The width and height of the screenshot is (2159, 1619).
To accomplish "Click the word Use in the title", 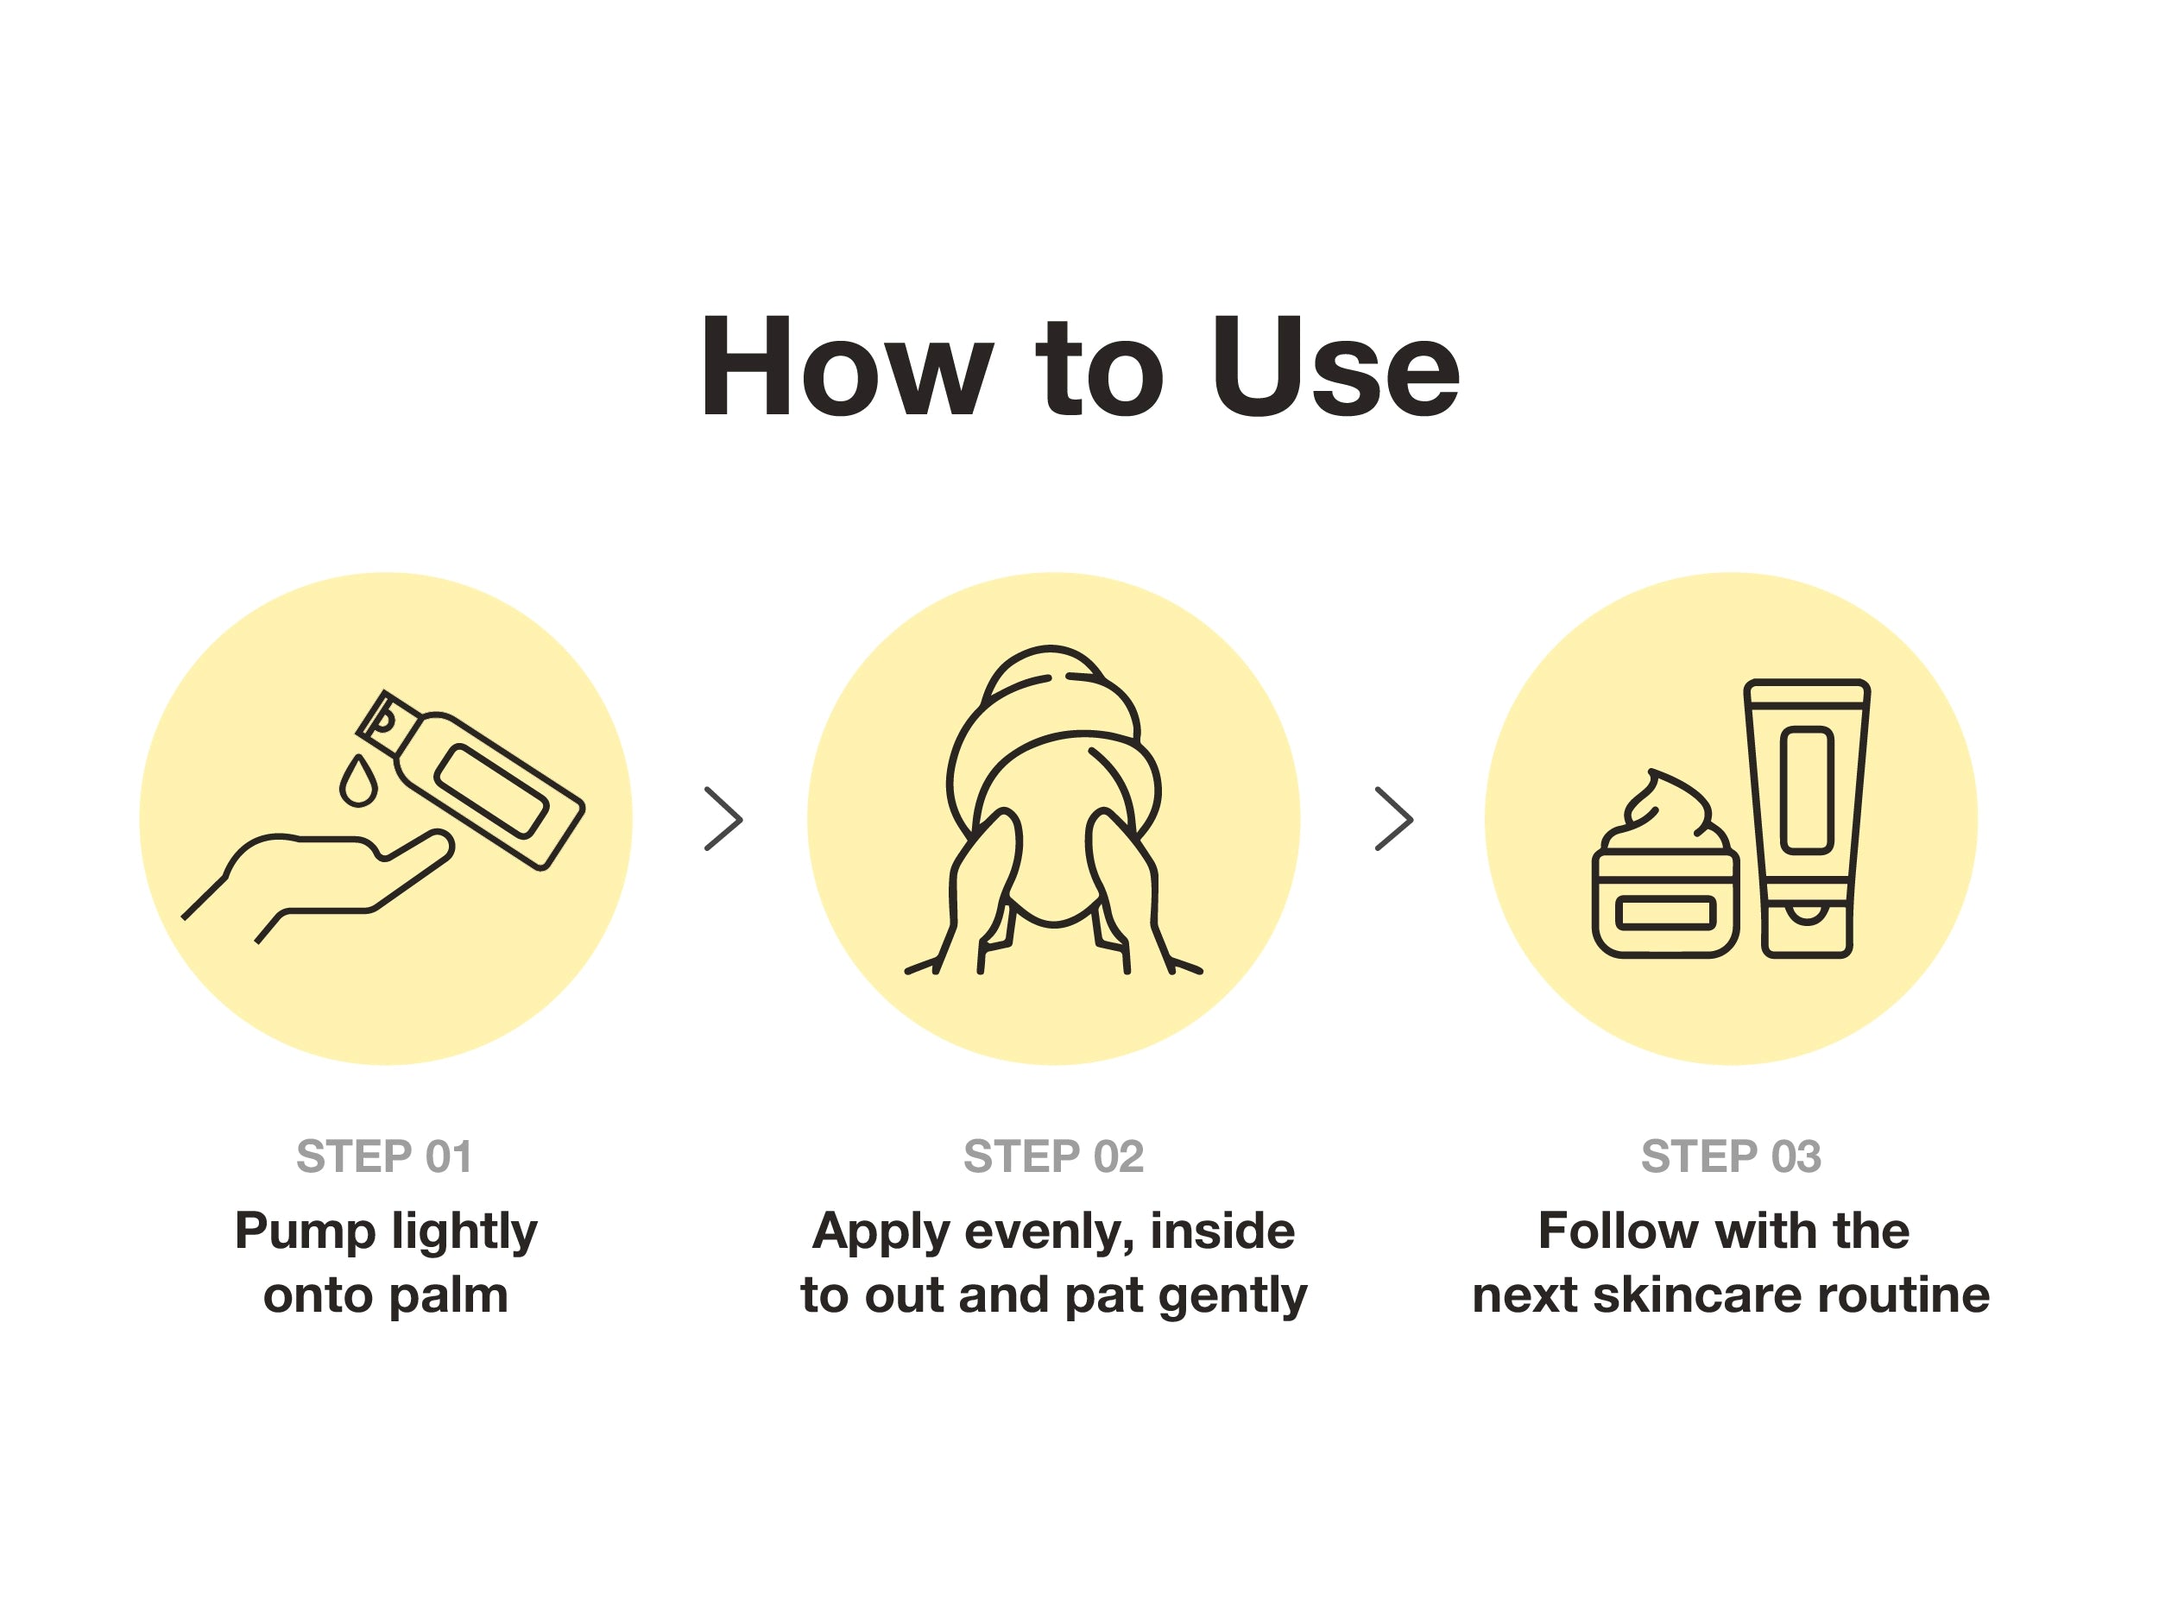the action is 1335,367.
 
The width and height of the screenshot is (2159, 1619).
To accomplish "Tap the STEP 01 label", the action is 384,1156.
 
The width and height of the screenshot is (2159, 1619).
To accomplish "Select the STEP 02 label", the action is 1053,1156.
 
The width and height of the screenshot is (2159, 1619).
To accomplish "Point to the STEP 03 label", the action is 1732,1156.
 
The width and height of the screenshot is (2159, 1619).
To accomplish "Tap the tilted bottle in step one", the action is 470,778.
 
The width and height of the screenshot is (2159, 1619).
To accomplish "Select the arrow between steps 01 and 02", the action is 723,819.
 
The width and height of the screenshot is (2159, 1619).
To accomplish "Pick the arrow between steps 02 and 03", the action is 1394,819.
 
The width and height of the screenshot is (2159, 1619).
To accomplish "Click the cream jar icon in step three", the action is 1665,866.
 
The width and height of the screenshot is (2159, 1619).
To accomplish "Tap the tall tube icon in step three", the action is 1807,818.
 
